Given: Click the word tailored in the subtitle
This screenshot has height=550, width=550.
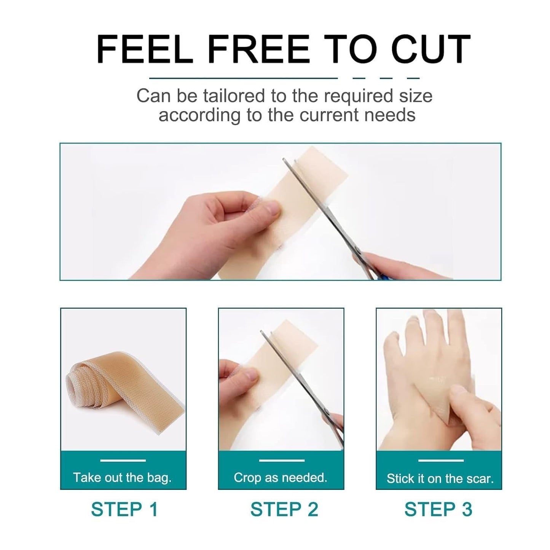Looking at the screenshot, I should [x=234, y=96].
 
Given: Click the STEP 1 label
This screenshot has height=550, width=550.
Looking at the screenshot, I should [x=124, y=509].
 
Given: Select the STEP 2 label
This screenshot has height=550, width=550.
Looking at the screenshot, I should [x=284, y=509].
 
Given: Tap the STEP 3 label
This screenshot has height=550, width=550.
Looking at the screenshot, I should [x=438, y=509].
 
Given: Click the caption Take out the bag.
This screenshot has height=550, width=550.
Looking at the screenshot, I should [x=122, y=477].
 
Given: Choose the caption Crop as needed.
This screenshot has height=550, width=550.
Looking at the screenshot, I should [x=281, y=477].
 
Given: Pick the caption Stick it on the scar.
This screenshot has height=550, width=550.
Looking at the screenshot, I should [x=440, y=478].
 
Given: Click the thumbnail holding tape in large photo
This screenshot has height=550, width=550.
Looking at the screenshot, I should [x=273, y=208].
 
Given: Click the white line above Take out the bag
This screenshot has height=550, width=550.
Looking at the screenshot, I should [x=123, y=461].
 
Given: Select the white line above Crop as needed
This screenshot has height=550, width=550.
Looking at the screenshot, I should [x=282, y=461].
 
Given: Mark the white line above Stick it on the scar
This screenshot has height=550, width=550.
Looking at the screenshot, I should [x=441, y=461].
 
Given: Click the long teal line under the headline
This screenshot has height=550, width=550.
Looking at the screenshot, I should [x=244, y=78].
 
